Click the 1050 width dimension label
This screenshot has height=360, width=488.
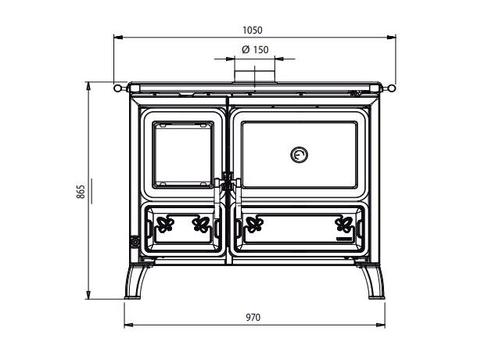pyautogui.click(x=253, y=31)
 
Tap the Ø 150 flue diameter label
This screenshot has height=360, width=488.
pyautogui.click(x=255, y=49)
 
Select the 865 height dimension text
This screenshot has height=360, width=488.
pyautogui.click(x=81, y=192)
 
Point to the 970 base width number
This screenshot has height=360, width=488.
pyautogui.click(x=253, y=317)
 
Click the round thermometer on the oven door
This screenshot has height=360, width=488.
pyautogui.click(x=300, y=154)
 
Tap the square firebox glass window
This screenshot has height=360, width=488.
pyautogui.click(x=183, y=155)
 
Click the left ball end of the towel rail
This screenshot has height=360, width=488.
pyautogui.click(x=117, y=88)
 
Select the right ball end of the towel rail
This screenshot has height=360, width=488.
pyautogui.click(x=392, y=88)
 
